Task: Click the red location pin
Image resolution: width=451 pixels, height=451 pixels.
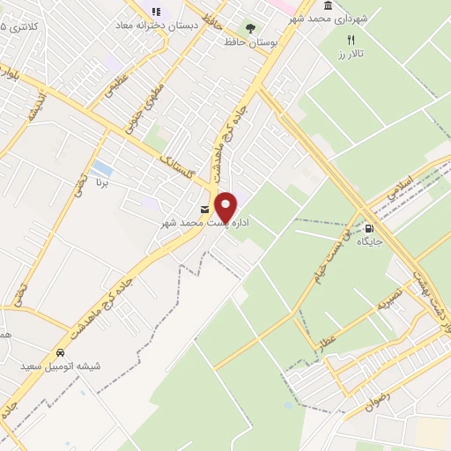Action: point(225,206)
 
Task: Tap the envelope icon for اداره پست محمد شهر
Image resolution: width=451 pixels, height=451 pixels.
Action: point(205,209)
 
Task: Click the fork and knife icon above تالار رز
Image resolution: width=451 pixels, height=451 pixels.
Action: point(351,40)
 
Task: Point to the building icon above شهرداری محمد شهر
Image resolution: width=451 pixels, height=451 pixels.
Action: point(329,6)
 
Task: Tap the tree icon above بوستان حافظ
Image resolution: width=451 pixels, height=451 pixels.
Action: point(249,27)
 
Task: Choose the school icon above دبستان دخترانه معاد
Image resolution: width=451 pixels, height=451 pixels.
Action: point(156,11)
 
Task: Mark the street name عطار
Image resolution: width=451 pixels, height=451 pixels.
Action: point(328,341)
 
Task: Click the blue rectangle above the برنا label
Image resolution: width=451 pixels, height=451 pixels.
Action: point(102,166)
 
